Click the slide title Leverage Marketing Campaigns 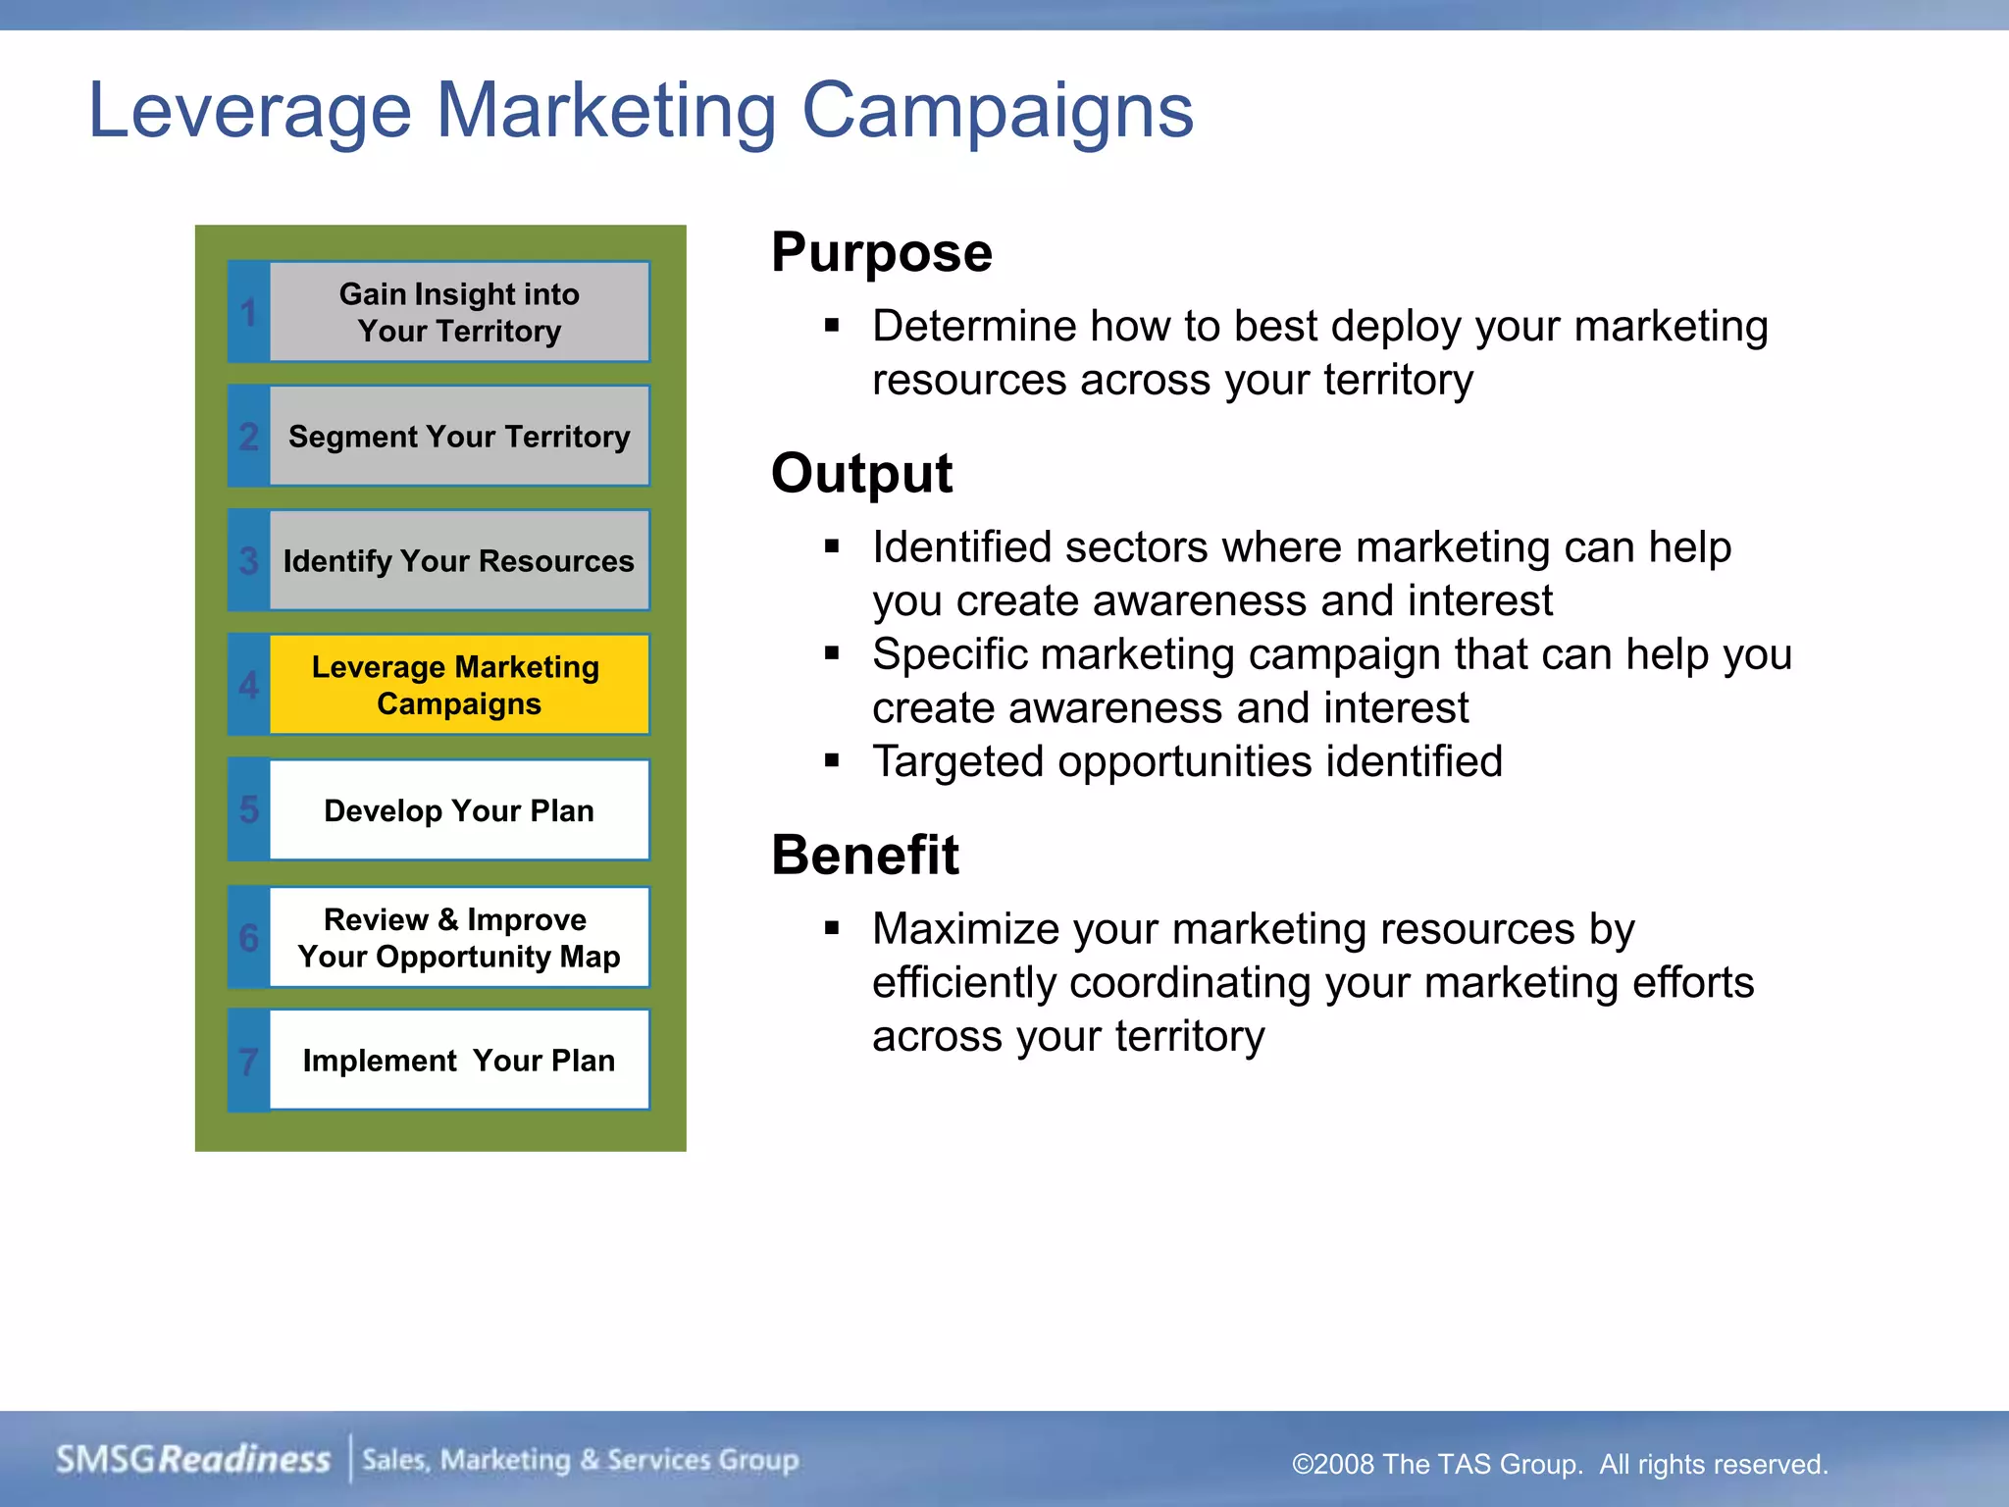tap(641, 110)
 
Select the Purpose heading tap(881, 253)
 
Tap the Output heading tap(861, 474)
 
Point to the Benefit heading tap(864, 855)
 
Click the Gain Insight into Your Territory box tap(459, 312)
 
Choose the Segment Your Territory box tap(459, 437)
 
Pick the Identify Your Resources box tap(459, 561)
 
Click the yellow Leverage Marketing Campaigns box tap(459, 685)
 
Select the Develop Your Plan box tap(459, 810)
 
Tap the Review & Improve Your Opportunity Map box tap(459, 938)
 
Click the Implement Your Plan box tap(459, 1061)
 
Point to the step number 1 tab tap(249, 313)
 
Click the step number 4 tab tap(249, 685)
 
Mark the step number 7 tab tap(249, 1062)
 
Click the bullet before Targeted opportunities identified tap(832, 759)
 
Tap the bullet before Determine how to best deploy tap(832, 325)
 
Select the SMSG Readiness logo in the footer tap(193, 1460)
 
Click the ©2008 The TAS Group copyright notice tap(1560, 1464)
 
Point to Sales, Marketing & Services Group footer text tap(581, 1460)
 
